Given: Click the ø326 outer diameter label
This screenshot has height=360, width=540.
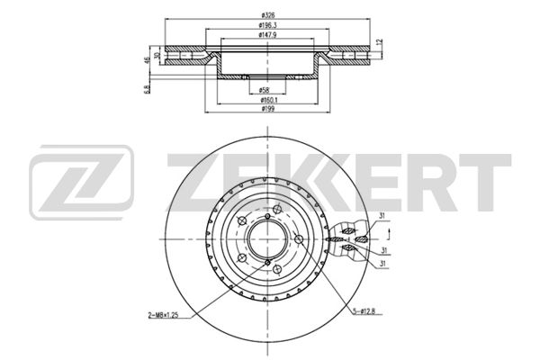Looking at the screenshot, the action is click(x=267, y=15).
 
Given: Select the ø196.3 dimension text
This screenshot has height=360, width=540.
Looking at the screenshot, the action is click(x=267, y=25).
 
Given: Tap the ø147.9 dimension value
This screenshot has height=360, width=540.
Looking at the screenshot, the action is click(x=267, y=34).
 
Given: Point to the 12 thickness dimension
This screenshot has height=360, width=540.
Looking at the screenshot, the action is click(x=380, y=42).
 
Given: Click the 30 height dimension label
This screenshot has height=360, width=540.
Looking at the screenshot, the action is click(x=157, y=55).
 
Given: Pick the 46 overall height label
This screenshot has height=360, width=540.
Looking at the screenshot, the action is click(x=148, y=59).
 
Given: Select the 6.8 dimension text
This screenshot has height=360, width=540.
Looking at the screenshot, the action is click(x=148, y=90).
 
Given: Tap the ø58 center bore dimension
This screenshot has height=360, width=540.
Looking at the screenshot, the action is click(x=264, y=91).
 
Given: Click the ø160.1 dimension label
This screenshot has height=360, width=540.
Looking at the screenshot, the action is click(x=268, y=100).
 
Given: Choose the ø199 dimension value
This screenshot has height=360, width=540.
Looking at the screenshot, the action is click(x=267, y=109).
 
